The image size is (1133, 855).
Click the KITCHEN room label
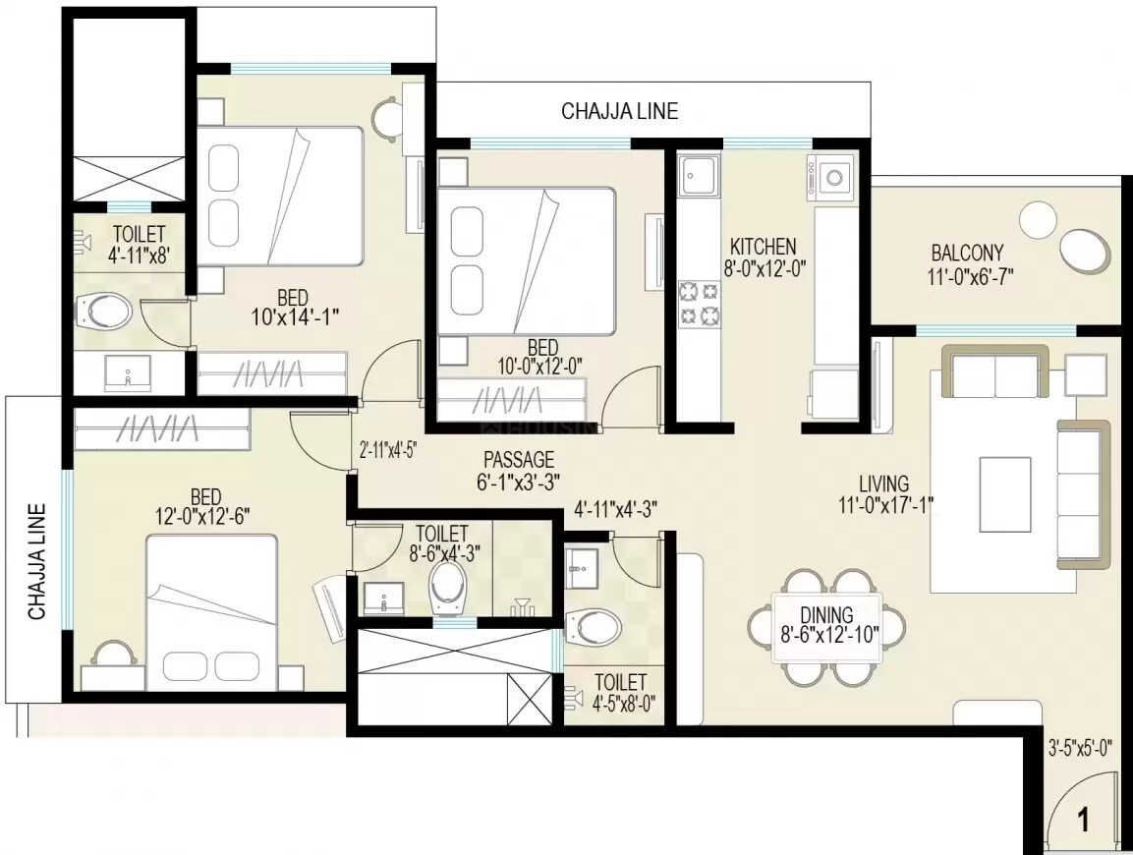pos(763,247)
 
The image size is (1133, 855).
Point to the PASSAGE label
pos(519,460)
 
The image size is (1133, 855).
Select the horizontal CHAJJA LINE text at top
pos(619,111)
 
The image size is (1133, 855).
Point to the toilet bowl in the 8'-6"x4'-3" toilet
pos(451,586)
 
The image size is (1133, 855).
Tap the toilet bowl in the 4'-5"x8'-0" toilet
pos(595,624)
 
